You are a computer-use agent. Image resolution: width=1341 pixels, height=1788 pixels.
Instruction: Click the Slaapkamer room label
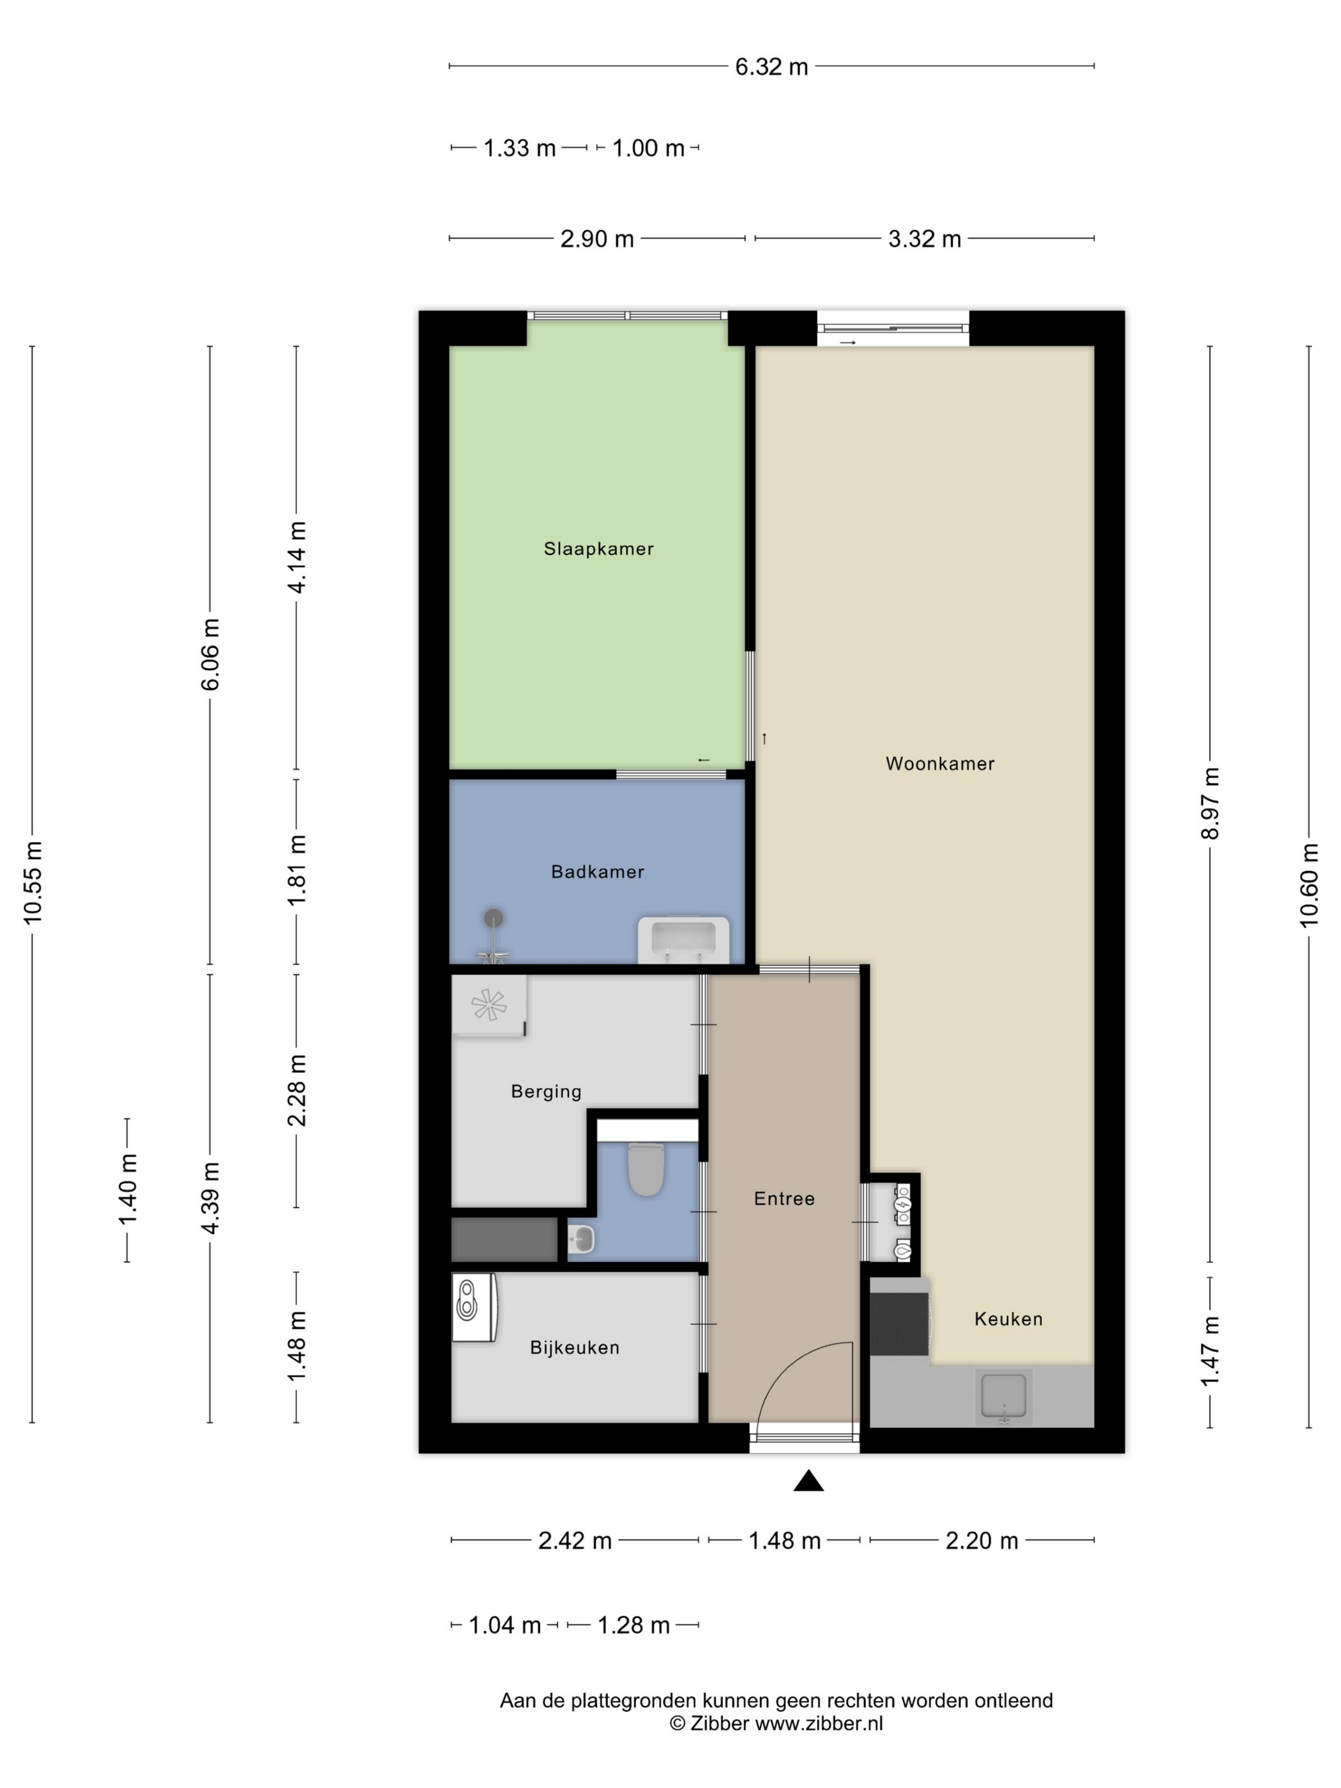click(x=598, y=549)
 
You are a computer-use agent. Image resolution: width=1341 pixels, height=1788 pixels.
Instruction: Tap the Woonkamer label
click(x=939, y=764)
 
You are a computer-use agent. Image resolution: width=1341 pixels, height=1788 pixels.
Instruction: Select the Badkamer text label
click(x=597, y=872)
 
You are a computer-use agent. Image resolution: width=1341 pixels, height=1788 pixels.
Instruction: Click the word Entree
click(x=784, y=1199)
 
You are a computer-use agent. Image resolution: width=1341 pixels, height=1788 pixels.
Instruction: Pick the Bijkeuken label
click(x=575, y=1347)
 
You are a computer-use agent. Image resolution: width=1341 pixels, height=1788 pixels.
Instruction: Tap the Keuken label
click(x=1008, y=1319)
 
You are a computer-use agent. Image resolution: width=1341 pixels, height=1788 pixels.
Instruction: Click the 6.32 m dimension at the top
click(x=771, y=66)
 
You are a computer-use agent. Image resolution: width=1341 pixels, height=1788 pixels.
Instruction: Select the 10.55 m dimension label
click(x=33, y=883)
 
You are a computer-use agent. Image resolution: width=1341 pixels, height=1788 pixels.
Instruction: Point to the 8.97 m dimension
click(x=1209, y=803)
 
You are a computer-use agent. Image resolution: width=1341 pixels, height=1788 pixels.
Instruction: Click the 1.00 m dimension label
click(x=648, y=148)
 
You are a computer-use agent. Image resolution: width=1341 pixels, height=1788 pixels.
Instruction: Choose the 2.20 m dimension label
click(x=981, y=1541)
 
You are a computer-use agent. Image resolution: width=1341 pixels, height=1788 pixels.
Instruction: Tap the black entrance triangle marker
click(x=808, y=1481)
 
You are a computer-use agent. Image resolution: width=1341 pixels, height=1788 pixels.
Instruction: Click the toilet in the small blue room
click(x=646, y=1169)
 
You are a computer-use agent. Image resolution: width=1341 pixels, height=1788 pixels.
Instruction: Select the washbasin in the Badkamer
click(x=684, y=939)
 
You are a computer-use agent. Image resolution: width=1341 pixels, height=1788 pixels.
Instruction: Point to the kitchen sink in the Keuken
click(x=1003, y=1396)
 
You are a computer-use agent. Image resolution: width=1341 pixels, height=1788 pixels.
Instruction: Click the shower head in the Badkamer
click(x=493, y=918)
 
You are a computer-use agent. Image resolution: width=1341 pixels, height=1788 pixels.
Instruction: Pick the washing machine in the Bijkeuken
click(x=474, y=1307)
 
